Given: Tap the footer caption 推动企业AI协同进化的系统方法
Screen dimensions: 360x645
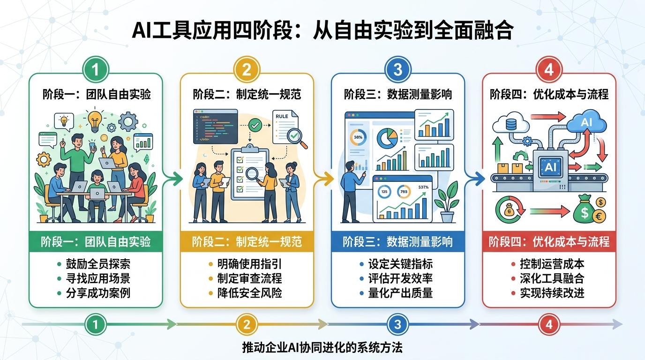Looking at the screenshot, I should pyautogui.click(x=322, y=348).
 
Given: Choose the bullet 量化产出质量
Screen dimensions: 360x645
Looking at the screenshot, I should pyautogui.click(x=400, y=293).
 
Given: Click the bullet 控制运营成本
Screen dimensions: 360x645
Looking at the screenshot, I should pyautogui.click(x=552, y=264).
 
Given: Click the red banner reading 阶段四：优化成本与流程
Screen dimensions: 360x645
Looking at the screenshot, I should pyautogui.click(x=549, y=242).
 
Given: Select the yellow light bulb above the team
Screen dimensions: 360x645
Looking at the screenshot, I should pyautogui.click(x=95, y=120).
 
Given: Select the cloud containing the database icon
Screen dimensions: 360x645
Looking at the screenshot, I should pyautogui.click(x=510, y=123).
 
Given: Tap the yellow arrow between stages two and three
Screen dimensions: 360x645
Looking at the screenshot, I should pyautogui.click(x=324, y=178).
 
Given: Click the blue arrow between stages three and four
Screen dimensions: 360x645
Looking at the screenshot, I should pyautogui.click(x=474, y=178).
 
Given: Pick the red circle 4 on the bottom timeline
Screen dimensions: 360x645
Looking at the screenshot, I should pyautogui.click(x=549, y=324).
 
